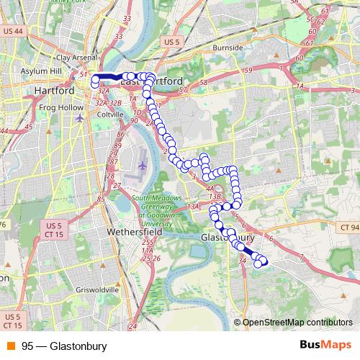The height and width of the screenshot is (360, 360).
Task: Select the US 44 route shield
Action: point(13,32)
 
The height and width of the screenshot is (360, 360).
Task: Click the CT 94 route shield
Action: point(349,228)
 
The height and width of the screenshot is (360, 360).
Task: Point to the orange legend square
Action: point(10,346)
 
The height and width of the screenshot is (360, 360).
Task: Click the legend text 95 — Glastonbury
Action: point(64,346)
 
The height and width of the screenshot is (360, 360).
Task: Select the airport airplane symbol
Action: point(141,165)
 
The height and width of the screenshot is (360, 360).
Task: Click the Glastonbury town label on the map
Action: point(228,237)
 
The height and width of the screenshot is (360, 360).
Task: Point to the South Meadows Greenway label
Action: point(140,209)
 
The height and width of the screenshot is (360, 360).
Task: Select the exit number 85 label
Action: point(101,199)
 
